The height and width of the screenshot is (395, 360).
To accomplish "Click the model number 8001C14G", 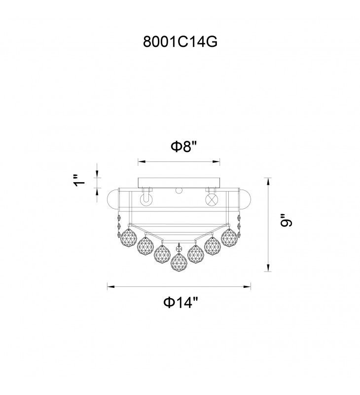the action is click(180, 41).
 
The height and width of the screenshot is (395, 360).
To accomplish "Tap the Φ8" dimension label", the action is click(183, 146).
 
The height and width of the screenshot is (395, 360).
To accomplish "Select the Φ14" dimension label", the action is click(181, 302).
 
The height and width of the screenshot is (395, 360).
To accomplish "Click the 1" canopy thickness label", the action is click(79, 180).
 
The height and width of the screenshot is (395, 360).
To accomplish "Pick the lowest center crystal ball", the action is click(179, 262).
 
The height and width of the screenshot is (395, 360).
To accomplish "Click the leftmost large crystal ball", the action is click(129, 238).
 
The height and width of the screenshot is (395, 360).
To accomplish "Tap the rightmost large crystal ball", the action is click(229, 238).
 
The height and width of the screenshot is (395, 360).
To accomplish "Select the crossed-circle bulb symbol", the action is click(212, 200).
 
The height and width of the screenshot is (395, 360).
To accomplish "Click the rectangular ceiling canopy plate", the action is click(179, 183).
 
